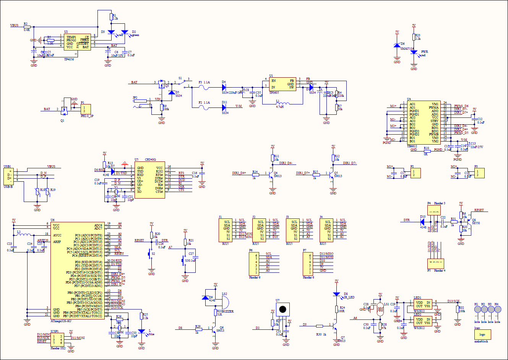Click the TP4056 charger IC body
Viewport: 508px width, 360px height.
(77, 42)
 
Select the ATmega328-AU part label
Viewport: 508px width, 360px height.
(61, 321)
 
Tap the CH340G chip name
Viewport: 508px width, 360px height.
(150, 160)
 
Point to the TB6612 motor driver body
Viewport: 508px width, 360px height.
(424, 122)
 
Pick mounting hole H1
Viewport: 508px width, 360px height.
(477, 310)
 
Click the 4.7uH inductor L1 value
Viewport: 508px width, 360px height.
(279, 107)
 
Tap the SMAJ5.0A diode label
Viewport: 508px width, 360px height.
(407, 49)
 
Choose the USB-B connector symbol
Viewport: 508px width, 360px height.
(8, 176)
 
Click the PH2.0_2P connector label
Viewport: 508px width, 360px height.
(87, 116)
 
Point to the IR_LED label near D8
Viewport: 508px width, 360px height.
(349, 297)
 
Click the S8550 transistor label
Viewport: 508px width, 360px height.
(476, 223)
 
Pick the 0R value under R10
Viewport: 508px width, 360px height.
(425, 154)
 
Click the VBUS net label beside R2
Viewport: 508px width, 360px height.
(14, 25)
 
